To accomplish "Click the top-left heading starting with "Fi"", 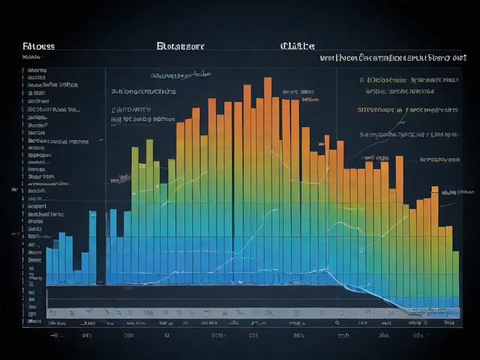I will coord(38,46).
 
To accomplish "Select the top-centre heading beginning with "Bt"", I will coord(180,46).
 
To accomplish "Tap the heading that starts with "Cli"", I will coord(297,46).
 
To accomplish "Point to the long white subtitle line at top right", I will coord(390,57).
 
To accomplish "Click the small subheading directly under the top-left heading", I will coord(31,56).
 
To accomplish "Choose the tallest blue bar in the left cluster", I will coord(92,247).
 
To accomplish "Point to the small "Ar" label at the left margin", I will coord(14,190).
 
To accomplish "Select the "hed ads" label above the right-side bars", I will coord(375,158).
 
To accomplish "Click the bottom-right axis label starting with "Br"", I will coord(448,322).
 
